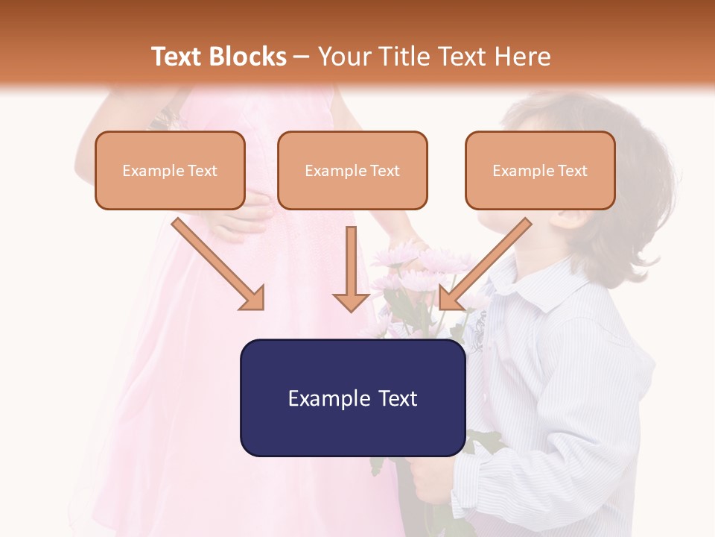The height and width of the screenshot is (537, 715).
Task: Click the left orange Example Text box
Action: (170, 170)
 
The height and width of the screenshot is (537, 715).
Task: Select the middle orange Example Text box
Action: (352, 170)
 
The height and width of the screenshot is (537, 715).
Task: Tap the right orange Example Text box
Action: (540, 170)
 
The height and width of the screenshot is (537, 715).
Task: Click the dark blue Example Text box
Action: (352, 398)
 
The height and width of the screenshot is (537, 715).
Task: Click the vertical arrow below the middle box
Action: (351, 268)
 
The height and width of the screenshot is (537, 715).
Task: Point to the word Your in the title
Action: (343, 57)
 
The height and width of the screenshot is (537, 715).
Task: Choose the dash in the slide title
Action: (302, 57)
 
